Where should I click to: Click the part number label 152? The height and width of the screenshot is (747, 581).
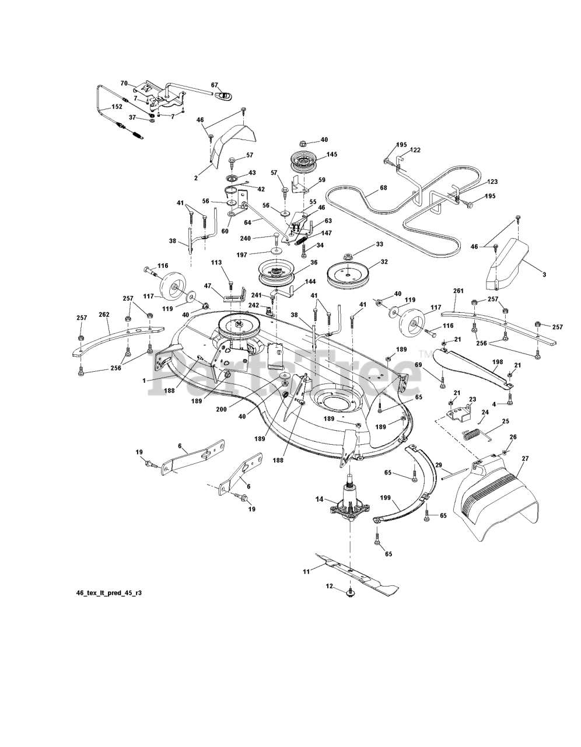point(117,107)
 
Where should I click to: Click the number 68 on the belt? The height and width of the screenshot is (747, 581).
point(383,188)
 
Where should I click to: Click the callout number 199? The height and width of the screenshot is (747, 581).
point(386,497)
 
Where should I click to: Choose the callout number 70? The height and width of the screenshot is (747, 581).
point(124,83)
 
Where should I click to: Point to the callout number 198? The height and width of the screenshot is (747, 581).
point(497,362)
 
